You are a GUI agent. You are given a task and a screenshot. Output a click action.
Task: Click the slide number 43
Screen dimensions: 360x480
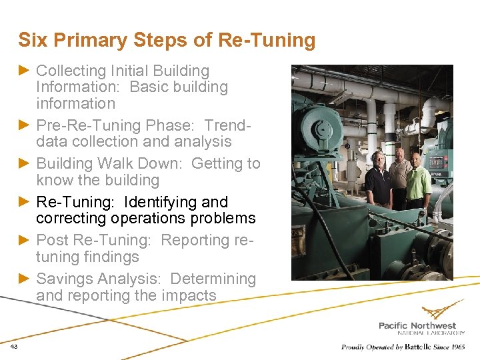pyautogui.click(x=14, y=347)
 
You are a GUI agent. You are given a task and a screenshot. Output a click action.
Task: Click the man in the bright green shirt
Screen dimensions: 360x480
pyautogui.click(x=419, y=183)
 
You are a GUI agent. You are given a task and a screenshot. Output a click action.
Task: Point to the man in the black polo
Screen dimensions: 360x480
pyautogui.click(x=378, y=180)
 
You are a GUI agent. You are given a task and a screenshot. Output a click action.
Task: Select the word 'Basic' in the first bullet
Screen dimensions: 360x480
pyautogui.click(x=149, y=87)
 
